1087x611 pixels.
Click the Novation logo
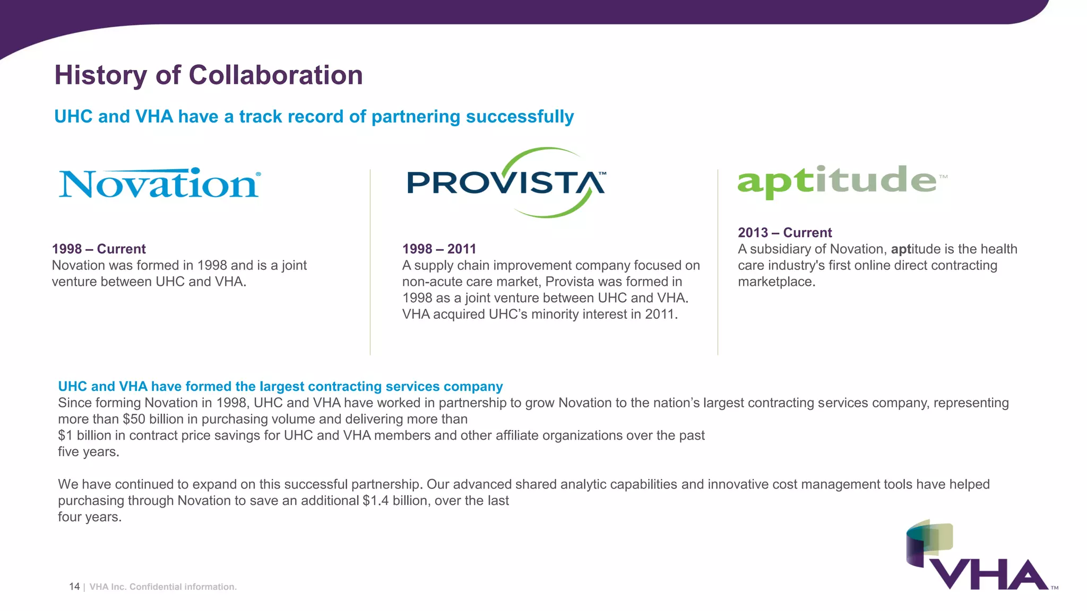point(159,184)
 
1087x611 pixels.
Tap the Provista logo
point(505,183)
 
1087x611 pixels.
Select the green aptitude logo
point(838,181)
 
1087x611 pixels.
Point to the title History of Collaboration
point(209,75)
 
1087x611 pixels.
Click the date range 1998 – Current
point(99,249)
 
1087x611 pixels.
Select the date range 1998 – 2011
point(439,249)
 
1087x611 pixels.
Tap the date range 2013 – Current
point(784,232)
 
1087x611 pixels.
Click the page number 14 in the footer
point(74,587)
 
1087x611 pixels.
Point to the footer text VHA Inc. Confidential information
point(163,587)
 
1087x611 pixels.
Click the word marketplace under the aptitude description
point(776,282)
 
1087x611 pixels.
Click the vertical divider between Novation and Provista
point(370,262)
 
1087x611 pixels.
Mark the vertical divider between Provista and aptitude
point(718,262)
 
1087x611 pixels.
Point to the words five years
point(88,452)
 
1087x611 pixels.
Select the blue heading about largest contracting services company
point(280,386)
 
